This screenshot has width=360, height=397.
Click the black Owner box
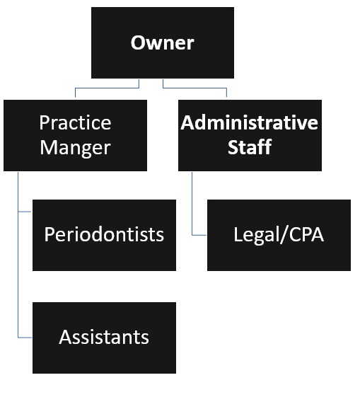click(163, 42)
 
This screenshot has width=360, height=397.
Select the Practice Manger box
click(75, 135)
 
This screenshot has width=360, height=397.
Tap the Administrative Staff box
click(249, 135)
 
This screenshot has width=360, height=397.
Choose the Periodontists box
click(104, 235)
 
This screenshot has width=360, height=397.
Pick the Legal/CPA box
click(279, 235)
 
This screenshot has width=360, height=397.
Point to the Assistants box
click(104, 338)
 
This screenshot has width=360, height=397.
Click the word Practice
click(75, 122)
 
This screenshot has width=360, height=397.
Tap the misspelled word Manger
click(75, 148)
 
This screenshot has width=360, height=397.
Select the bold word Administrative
click(249, 122)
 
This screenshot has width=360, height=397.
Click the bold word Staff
click(249, 148)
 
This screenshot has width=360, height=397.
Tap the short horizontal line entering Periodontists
click(25, 211)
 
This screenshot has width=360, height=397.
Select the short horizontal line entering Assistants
click(25, 336)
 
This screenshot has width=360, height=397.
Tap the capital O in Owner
click(139, 42)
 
